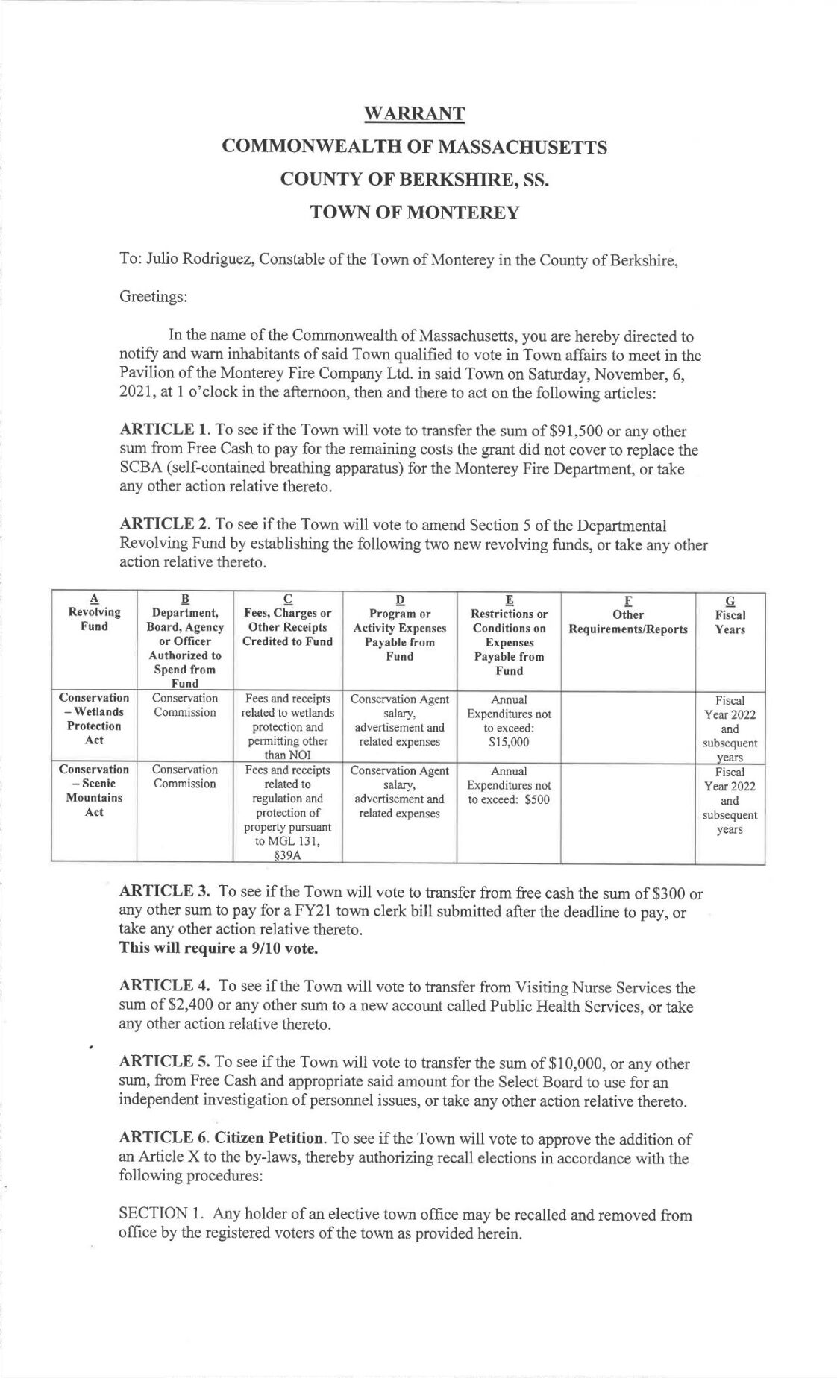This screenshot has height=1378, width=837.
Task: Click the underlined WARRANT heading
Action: pos(414,113)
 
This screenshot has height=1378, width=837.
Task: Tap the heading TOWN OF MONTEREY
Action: pos(414,213)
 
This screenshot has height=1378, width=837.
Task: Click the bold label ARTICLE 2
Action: pos(164,526)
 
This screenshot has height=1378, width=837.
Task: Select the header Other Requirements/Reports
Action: pos(627,621)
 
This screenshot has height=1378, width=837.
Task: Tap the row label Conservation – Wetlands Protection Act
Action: pos(94,719)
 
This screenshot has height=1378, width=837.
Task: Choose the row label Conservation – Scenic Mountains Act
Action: pos(94,790)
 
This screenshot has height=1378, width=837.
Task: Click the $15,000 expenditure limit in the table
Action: pos(509,742)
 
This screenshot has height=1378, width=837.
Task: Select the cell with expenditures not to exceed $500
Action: pos(509,785)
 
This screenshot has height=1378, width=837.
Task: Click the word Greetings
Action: pos(153,296)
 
